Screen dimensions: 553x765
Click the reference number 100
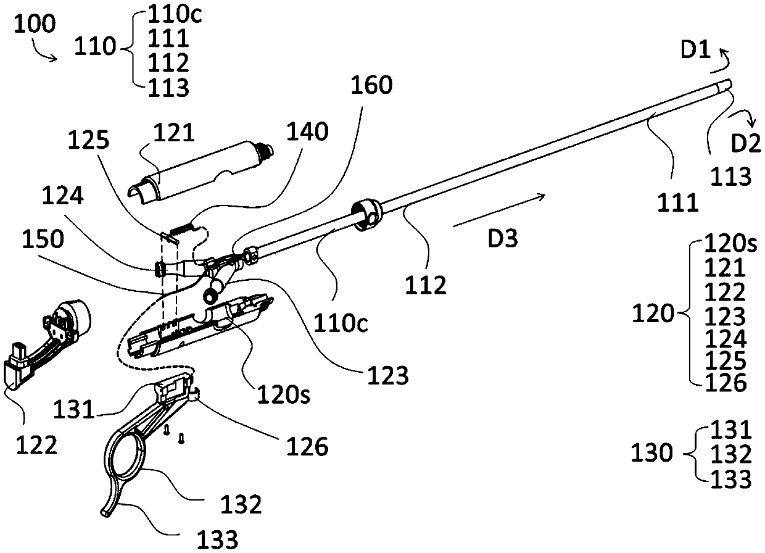click(x=35, y=25)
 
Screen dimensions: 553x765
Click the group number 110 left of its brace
click(x=96, y=46)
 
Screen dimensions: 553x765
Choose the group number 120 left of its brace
click(x=654, y=314)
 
